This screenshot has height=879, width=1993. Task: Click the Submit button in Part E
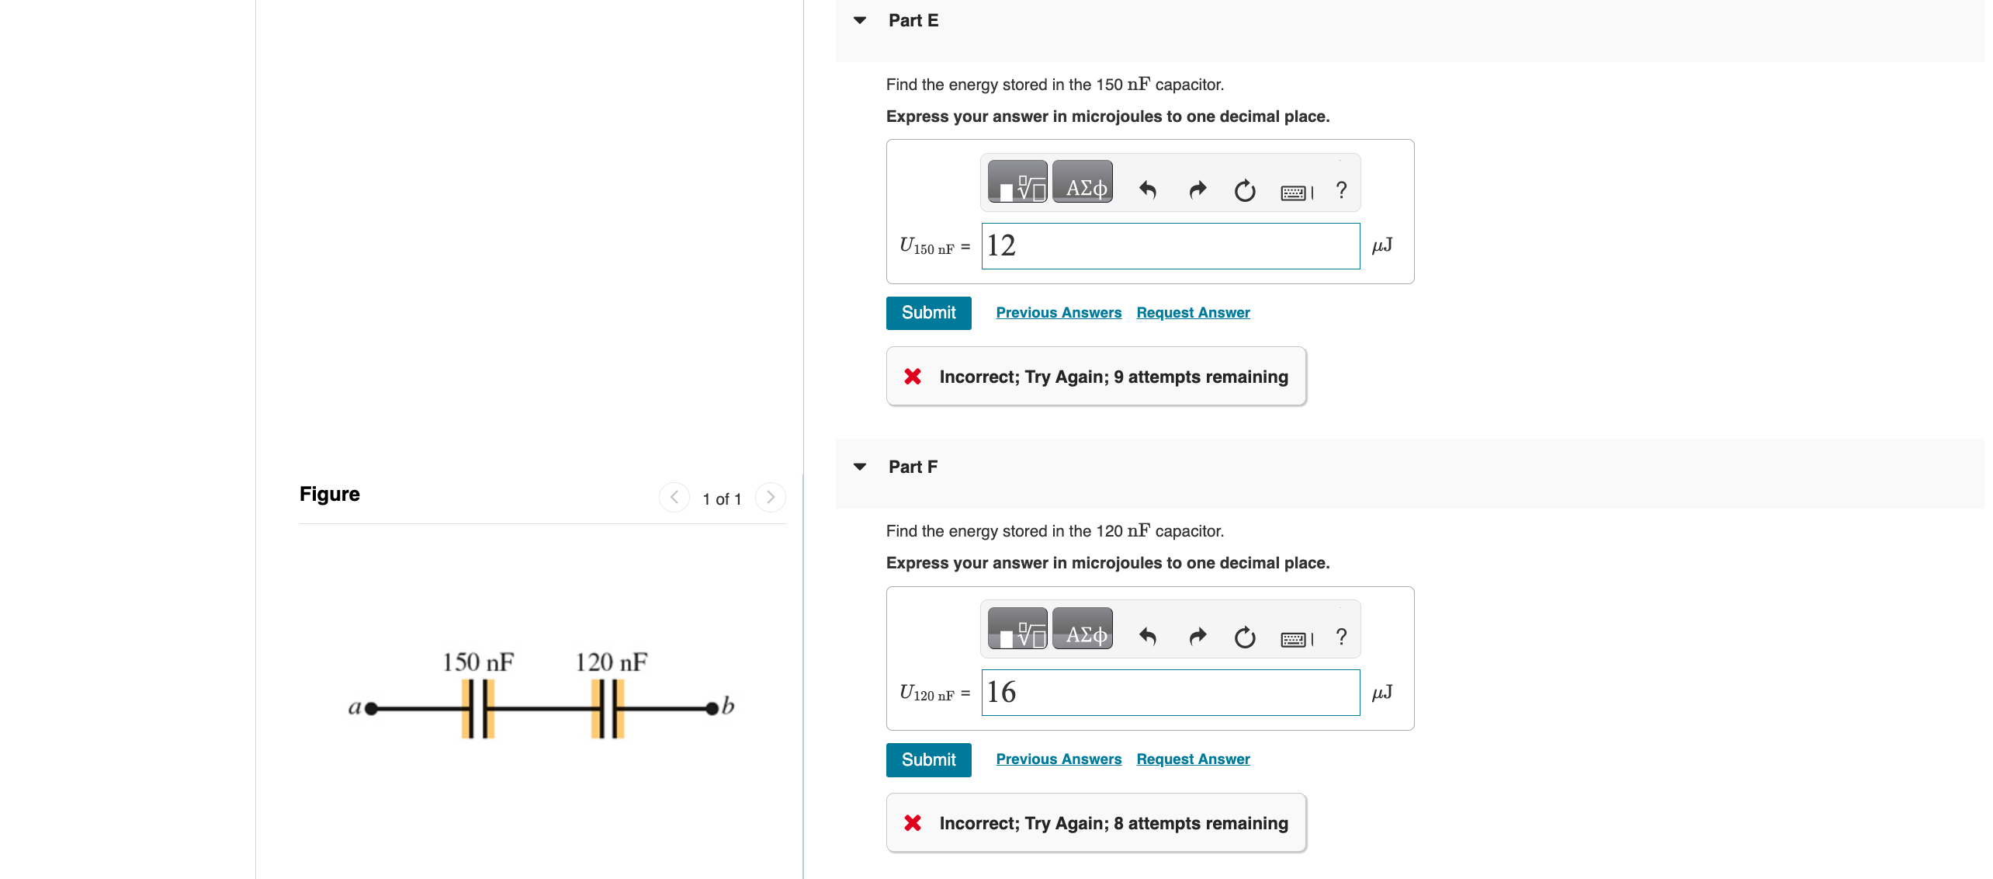pyautogui.click(x=928, y=313)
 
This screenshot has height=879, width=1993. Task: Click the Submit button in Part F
pyautogui.click(x=928, y=759)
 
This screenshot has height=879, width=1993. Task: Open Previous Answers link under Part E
pyautogui.click(x=1059, y=313)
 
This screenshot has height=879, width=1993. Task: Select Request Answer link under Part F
pyautogui.click(x=1193, y=759)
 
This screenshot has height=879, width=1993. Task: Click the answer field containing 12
pyautogui.click(x=1170, y=246)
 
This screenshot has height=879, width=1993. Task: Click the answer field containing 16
pyautogui.click(x=1170, y=693)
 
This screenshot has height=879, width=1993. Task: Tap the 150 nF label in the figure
pyautogui.click(x=478, y=662)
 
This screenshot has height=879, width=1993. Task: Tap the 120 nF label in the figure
pyautogui.click(x=611, y=662)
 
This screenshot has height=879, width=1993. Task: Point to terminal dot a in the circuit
pyautogui.click(x=371, y=708)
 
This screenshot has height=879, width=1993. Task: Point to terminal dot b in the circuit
pyautogui.click(x=712, y=708)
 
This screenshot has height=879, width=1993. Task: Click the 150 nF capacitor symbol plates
pyautogui.click(x=478, y=708)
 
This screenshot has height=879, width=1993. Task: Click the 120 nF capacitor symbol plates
pyautogui.click(x=608, y=708)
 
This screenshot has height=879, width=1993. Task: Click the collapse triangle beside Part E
pyautogui.click(x=860, y=20)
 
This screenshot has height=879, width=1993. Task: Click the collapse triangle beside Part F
pyautogui.click(x=860, y=467)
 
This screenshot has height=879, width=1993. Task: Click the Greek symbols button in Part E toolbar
pyautogui.click(x=1083, y=187)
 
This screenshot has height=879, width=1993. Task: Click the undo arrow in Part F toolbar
pyautogui.click(x=1148, y=637)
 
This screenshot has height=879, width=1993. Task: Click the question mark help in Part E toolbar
pyautogui.click(x=1341, y=189)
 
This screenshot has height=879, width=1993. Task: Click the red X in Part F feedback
pyautogui.click(x=913, y=823)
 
